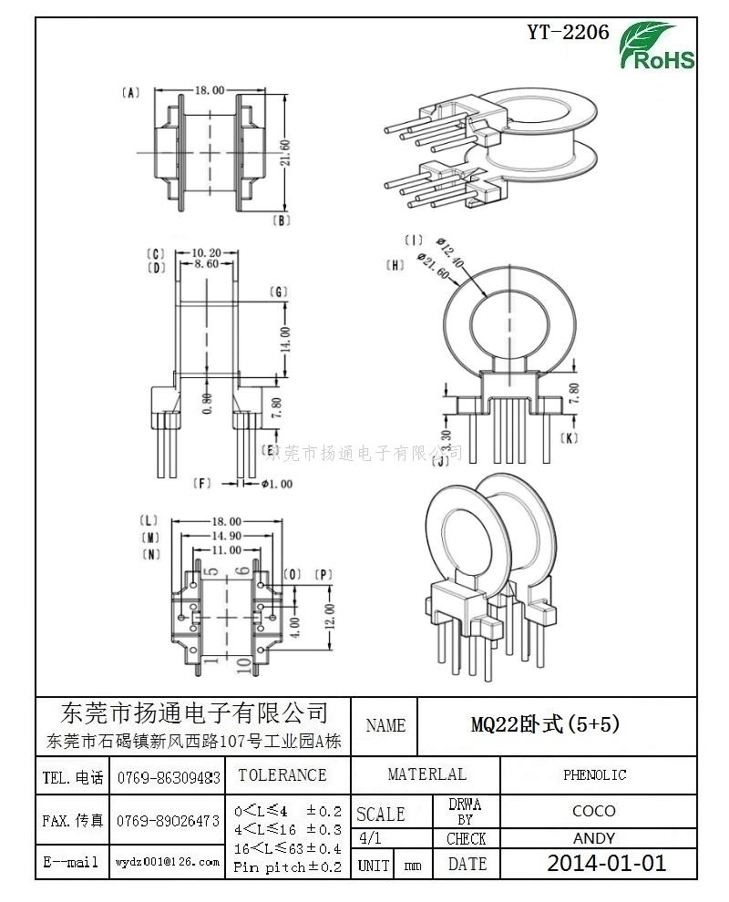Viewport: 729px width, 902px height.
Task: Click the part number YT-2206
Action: click(x=568, y=33)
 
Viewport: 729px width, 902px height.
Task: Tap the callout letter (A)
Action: click(x=130, y=92)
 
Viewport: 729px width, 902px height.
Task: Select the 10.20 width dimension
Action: click(x=208, y=252)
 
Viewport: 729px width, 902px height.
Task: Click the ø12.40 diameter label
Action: click(x=451, y=251)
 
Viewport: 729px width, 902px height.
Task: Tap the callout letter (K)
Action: click(x=569, y=438)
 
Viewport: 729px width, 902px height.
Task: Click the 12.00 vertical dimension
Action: click(x=330, y=615)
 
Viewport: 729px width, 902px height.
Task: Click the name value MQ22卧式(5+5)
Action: click(x=545, y=725)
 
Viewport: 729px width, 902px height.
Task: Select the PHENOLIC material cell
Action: click(x=594, y=775)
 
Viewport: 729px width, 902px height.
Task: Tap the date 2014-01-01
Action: click(x=606, y=863)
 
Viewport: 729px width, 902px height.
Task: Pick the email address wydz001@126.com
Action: click(x=168, y=861)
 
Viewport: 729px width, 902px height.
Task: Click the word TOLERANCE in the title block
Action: click(x=282, y=775)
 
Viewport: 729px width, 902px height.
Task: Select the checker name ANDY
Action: click(x=594, y=838)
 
